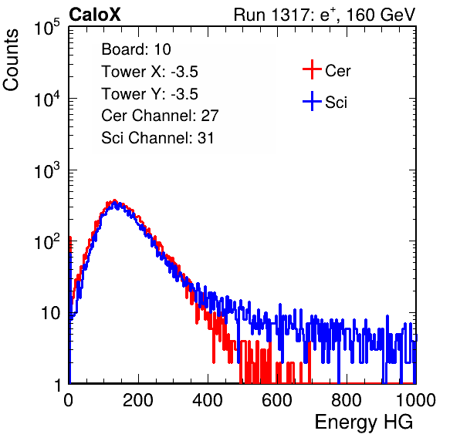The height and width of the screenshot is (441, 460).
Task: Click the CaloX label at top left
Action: [95, 15]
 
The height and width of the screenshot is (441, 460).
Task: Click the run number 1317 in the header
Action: [289, 15]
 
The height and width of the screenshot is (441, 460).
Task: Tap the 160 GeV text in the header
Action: [381, 15]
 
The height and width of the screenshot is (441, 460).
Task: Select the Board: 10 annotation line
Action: [136, 49]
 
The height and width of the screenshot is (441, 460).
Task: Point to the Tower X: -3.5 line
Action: [150, 72]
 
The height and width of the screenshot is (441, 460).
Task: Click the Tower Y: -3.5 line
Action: [150, 94]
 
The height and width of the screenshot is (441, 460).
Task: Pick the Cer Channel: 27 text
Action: [160, 116]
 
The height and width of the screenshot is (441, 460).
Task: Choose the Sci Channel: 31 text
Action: [157, 138]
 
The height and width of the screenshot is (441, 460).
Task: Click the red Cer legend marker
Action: [312, 69]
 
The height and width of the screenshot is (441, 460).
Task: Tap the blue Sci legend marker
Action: [312, 102]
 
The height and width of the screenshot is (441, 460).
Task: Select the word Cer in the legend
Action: [337, 71]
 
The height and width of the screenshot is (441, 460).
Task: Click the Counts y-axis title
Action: [11, 60]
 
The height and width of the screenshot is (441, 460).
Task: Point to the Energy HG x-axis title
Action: [364, 422]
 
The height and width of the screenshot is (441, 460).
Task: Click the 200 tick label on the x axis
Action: [138, 400]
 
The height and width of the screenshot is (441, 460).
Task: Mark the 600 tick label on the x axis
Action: [277, 400]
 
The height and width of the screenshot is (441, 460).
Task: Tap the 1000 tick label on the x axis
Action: [416, 400]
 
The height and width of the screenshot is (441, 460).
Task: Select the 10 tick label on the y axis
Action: [50, 313]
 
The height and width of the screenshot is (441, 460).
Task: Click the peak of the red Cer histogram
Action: [114, 200]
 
